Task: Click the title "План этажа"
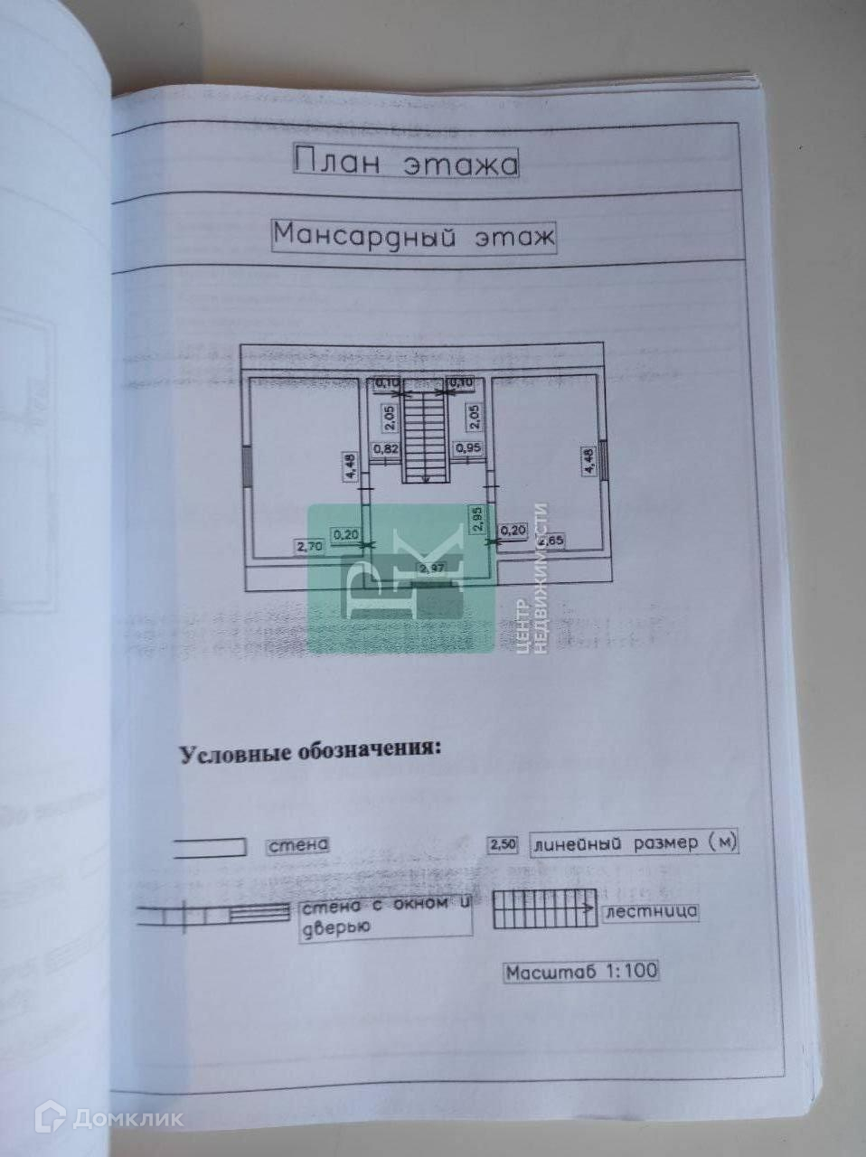[x=406, y=163]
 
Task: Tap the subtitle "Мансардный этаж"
[x=413, y=237]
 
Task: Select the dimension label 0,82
[x=388, y=447]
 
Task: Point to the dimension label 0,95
[x=467, y=447]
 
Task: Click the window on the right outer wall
[x=604, y=461]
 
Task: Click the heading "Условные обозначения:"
[x=312, y=753]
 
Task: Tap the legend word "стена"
[x=297, y=846]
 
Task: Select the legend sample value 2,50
[x=503, y=845]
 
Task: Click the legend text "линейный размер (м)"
[x=635, y=843]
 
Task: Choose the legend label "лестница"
[x=651, y=910]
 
